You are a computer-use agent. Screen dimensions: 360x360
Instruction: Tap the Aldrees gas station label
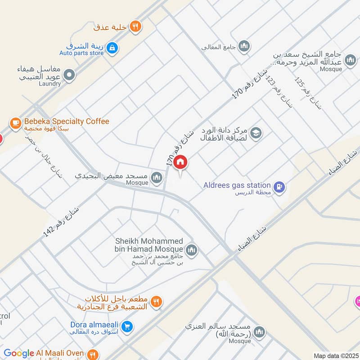click(237, 185)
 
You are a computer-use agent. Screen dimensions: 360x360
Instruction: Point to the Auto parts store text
click(85, 54)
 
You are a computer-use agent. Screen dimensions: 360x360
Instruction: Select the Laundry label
click(49, 84)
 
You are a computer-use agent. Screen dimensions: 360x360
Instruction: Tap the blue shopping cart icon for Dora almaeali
click(127, 327)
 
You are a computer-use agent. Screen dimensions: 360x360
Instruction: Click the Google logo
click(19, 353)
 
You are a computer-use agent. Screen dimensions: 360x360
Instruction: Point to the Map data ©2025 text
click(335, 355)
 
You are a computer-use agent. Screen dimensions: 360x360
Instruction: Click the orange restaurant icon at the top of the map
click(135, 27)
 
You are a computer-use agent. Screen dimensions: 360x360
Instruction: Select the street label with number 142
click(61, 222)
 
